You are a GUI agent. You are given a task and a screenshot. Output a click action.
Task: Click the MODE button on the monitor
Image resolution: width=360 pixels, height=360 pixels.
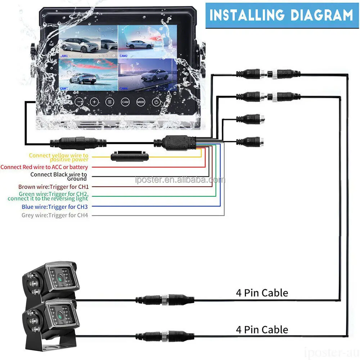140,102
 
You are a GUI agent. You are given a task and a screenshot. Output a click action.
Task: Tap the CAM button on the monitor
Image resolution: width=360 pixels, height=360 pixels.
125,102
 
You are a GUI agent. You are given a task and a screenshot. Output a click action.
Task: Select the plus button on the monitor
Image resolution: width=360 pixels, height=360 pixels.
94,102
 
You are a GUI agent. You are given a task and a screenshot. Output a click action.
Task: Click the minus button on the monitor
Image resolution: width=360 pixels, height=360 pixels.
79,102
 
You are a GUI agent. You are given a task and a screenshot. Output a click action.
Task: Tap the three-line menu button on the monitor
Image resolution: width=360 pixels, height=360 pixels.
110,102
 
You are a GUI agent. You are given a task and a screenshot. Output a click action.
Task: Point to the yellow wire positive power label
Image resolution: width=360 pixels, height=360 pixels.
59,157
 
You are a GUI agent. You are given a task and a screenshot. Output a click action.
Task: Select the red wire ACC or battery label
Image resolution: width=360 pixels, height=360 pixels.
44,167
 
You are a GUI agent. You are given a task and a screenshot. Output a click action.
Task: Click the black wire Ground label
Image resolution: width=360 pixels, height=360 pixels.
59,176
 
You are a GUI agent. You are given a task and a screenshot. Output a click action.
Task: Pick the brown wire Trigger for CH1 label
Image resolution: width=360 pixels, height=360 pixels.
53,187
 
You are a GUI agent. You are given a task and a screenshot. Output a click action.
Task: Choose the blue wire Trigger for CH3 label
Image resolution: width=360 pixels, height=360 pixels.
55,207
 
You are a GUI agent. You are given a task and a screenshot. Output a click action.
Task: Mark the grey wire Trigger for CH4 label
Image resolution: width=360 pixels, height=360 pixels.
55,215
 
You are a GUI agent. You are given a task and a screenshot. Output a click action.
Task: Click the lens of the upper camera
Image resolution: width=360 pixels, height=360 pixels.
59,277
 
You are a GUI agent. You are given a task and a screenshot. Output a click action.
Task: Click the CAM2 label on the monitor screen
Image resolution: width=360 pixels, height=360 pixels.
123,56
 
